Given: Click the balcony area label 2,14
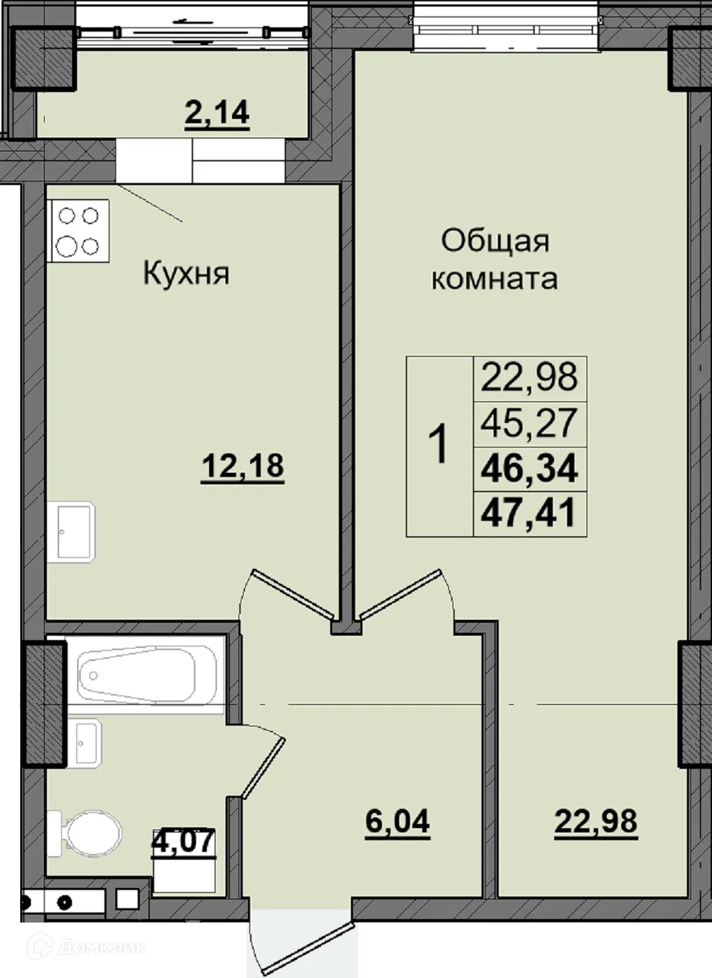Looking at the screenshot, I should tap(217, 113).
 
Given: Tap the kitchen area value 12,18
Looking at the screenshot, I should tap(242, 466).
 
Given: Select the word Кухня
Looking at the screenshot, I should tap(186, 273).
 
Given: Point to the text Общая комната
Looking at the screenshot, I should tap(494, 259).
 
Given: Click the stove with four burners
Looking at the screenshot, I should tap(78, 231).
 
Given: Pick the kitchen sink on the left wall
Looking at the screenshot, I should tap(75, 532).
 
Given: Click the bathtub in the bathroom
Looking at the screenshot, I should tap(147, 675).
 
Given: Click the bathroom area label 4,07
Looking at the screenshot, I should tap(184, 841).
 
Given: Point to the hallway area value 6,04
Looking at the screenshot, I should tap(397, 822).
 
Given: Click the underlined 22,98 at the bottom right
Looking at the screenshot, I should tap(595, 821).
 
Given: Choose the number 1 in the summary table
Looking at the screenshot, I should tap(438, 445).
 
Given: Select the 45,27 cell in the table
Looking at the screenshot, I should tap(529, 423).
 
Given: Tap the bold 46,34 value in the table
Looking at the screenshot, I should tap(529, 468).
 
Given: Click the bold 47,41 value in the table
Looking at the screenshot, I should tap(529, 514).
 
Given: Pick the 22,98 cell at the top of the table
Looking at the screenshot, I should tap(529, 377).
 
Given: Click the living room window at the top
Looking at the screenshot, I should tap(507, 29).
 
